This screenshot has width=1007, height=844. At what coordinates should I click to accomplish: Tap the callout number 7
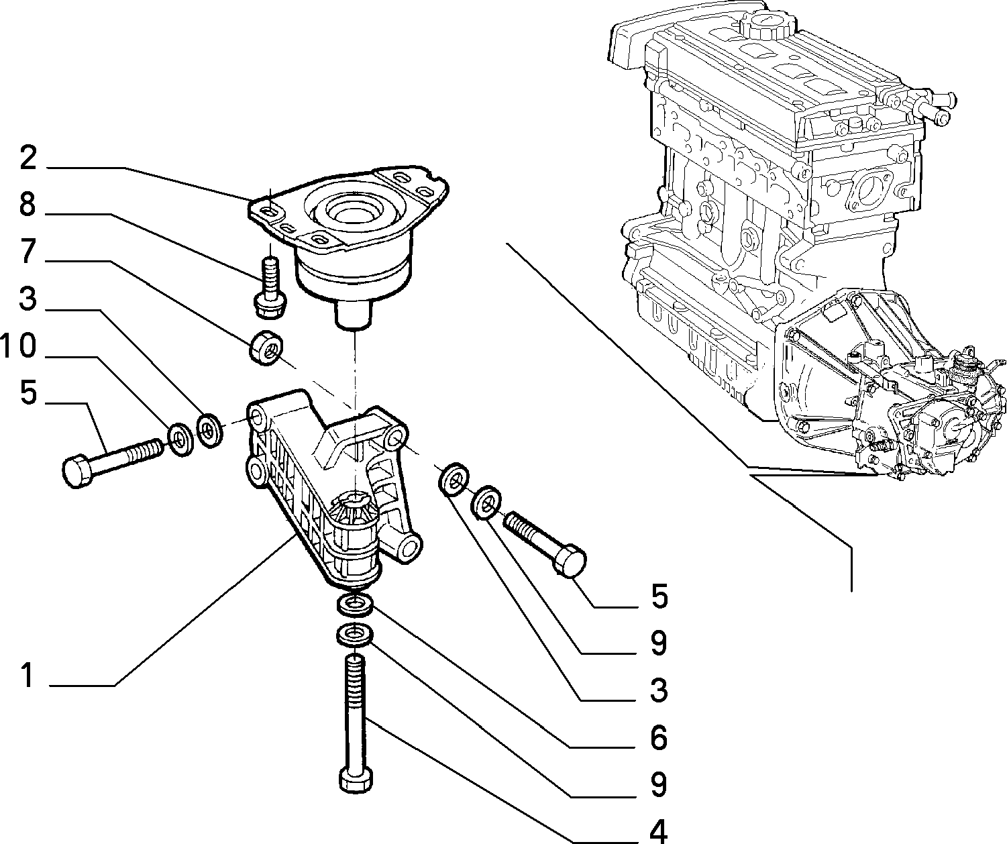pyautogui.click(x=28, y=251)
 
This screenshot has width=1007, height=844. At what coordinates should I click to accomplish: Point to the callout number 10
pyautogui.click(x=18, y=346)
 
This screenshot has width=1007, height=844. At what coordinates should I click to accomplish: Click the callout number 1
pyautogui.click(x=28, y=675)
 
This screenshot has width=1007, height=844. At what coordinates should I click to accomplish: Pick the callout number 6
pyautogui.click(x=658, y=737)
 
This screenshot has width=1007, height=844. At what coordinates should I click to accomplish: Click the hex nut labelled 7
pyautogui.click(x=266, y=347)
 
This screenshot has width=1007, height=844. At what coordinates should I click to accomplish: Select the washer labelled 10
pyautogui.click(x=181, y=439)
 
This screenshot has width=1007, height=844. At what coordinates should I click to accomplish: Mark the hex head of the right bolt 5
pyautogui.click(x=570, y=560)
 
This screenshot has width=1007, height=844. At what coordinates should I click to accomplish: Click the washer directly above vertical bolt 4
pyautogui.click(x=355, y=634)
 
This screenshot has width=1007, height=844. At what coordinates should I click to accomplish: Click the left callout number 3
pyautogui.click(x=28, y=298)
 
